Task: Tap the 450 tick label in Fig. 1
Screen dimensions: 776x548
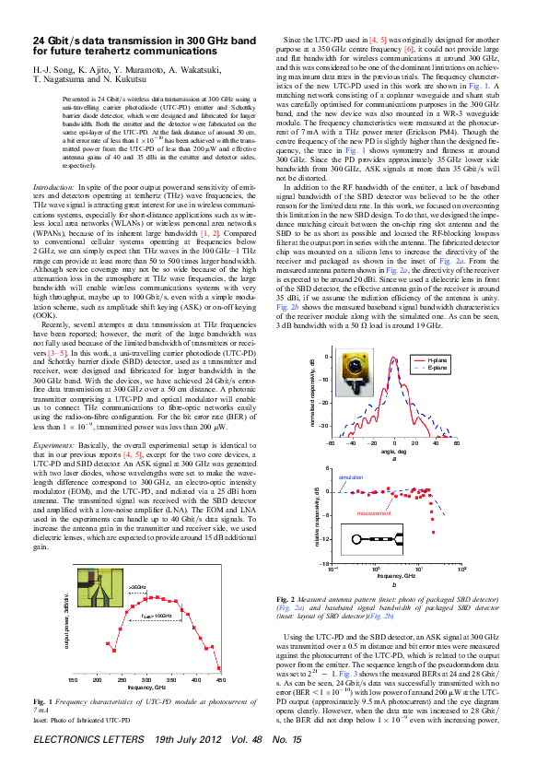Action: click(x=220, y=680)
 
